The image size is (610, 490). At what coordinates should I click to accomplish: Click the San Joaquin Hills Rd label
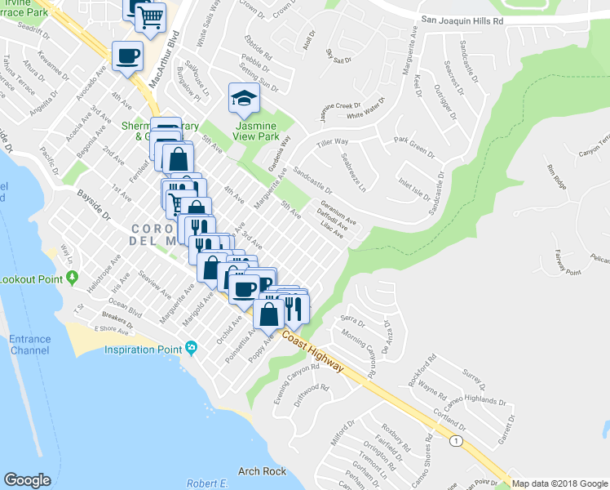coord(462,19)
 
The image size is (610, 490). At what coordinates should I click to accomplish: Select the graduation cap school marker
coord(242,99)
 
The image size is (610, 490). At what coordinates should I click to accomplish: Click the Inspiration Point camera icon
coord(191,349)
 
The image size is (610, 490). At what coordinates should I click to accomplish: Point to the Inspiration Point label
coord(143,350)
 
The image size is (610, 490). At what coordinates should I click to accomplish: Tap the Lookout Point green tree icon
coord(73,278)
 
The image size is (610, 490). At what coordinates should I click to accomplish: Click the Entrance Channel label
coord(29,345)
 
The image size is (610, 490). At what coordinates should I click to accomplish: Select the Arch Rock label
coord(262,471)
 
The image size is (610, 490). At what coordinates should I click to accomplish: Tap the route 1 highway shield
coord(457,441)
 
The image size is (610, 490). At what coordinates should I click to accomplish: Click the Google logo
coord(27,480)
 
